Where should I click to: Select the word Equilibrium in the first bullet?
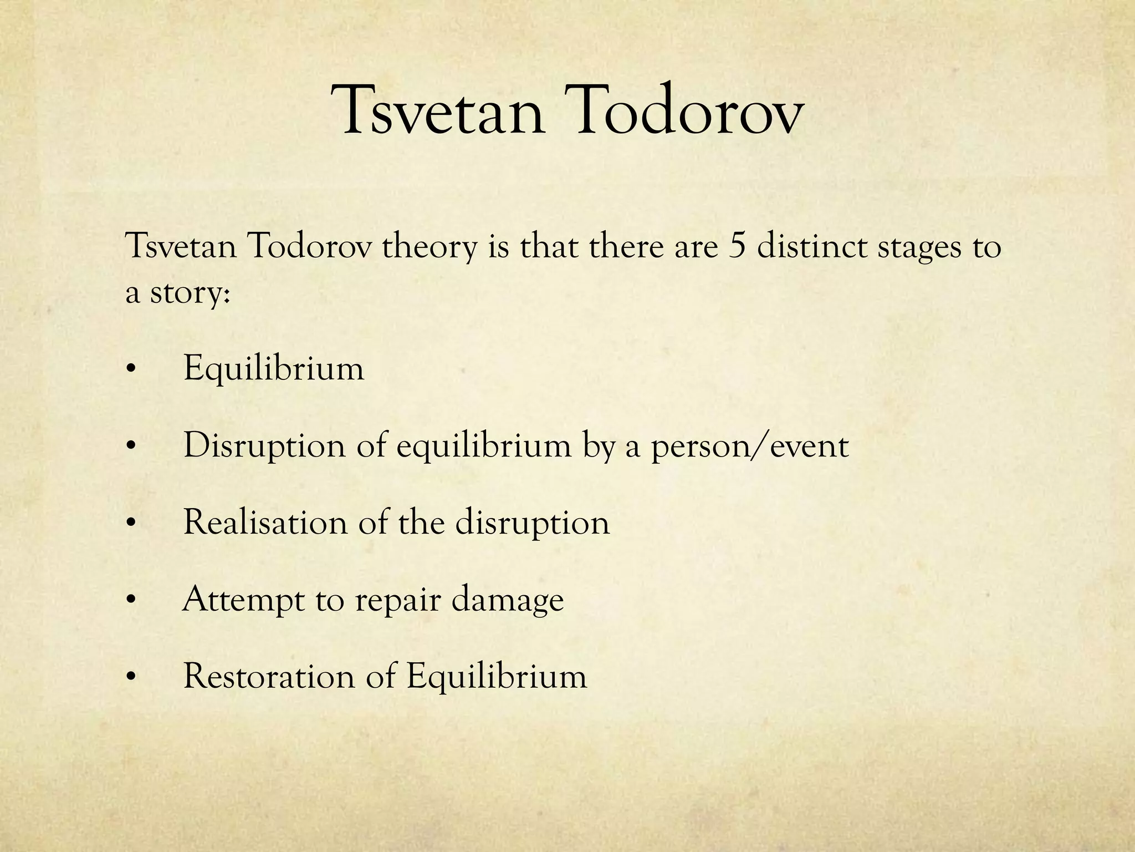(274, 369)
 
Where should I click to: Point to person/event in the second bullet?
(750, 447)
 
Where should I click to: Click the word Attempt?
(243, 601)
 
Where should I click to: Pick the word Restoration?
(269, 677)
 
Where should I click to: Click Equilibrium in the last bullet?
(497, 678)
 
